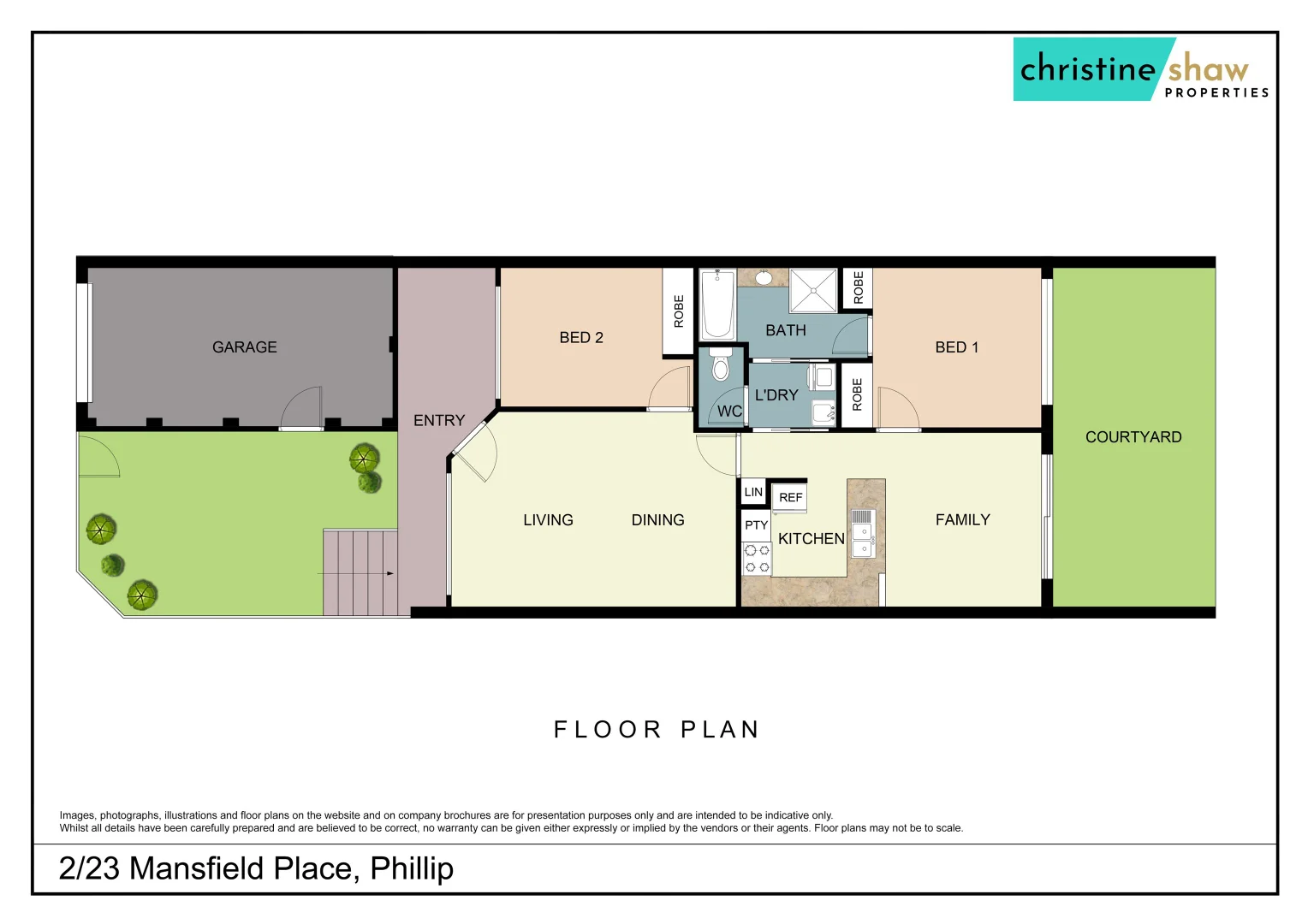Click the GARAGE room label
244,347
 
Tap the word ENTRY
438,421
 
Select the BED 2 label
581,338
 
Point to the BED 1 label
956,347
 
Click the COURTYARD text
1133,437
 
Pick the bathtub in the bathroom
717,305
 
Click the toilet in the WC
720,365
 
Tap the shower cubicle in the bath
812,291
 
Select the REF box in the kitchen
790,497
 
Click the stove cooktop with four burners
757,559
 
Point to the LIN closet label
753,492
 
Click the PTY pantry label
756,525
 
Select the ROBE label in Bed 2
679,311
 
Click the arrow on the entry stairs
390,573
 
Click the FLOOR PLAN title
657,730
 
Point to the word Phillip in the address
412,868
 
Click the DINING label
657,520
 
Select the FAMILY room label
962,520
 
